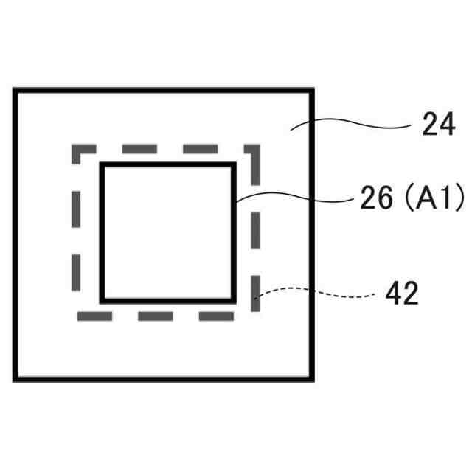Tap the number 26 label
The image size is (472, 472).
[x=375, y=199]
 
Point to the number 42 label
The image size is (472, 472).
[x=401, y=294]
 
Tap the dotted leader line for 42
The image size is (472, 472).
[x=317, y=292]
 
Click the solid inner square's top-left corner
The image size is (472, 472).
[x=103, y=164]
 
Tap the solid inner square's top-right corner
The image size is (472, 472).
[x=234, y=164]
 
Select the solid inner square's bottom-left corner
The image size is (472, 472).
[x=103, y=300]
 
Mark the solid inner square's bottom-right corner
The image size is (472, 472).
[x=234, y=300]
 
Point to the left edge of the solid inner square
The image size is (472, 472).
[x=103, y=232]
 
